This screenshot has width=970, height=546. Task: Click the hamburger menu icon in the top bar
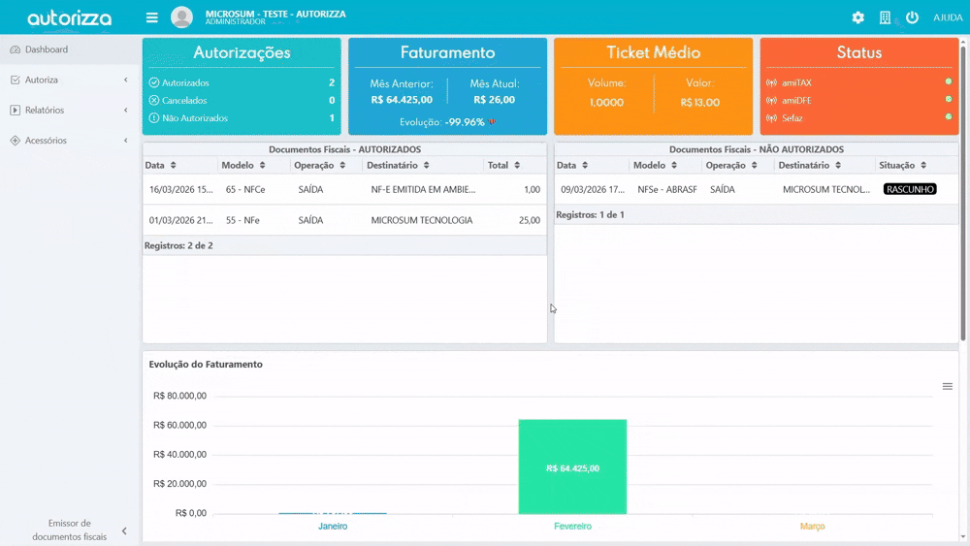(151, 17)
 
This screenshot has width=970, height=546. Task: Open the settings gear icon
(857, 17)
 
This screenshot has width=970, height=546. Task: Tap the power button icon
(912, 17)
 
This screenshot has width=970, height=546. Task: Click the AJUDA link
(948, 17)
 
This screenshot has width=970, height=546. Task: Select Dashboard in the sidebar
(47, 49)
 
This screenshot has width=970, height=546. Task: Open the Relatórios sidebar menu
(45, 111)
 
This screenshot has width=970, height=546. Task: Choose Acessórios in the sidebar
(46, 141)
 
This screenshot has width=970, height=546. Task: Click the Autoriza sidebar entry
(42, 80)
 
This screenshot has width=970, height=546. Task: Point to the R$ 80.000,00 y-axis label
(179, 396)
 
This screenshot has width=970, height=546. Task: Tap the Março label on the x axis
(812, 527)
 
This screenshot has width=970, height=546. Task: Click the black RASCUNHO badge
(910, 189)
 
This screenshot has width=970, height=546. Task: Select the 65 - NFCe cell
(245, 190)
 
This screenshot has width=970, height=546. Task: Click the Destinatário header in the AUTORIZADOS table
(392, 166)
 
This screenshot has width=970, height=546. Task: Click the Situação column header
(896, 166)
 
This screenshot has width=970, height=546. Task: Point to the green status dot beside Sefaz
(949, 117)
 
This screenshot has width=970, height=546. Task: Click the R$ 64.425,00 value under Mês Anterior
(402, 99)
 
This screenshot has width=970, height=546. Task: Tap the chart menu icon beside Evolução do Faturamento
(948, 386)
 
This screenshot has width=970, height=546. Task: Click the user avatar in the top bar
(181, 17)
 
